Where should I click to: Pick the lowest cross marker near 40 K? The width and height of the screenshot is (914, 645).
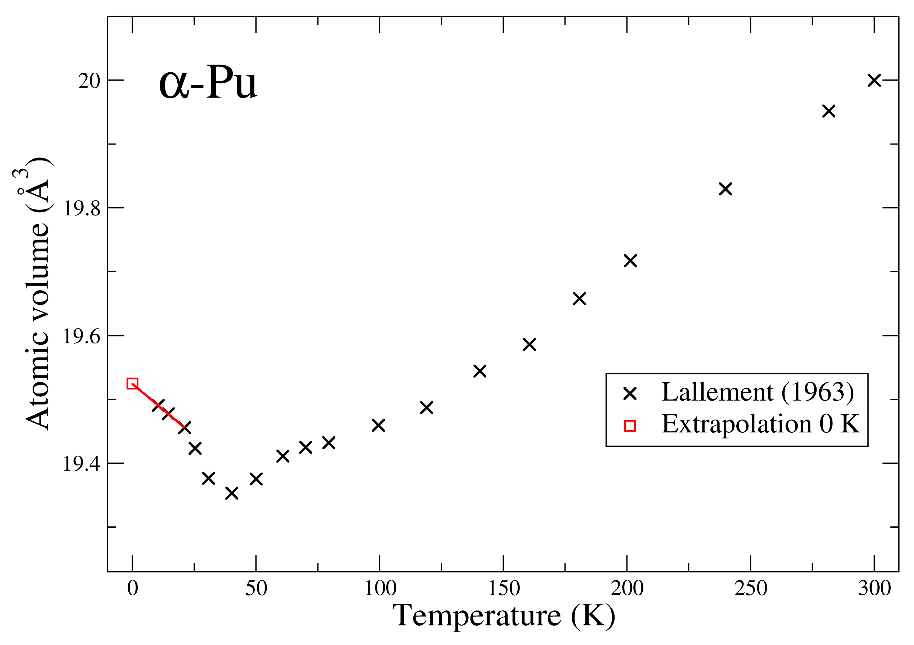tap(232, 493)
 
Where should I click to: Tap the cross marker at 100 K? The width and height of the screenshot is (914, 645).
tap(379, 425)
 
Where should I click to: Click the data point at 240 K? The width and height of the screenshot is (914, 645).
tap(726, 189)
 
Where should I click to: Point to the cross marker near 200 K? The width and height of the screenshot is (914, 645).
tap(631, 261)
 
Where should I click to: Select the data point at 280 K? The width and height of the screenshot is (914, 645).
tap(829, 111)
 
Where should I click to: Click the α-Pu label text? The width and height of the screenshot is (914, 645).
tap(208, 84)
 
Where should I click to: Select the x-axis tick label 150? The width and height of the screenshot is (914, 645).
tap(504, 588)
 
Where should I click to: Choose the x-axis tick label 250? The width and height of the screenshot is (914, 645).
tap(751, 588)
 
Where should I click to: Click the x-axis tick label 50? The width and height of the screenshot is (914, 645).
tap(256, 588)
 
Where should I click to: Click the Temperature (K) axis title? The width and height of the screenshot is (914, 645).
tap(504, 616)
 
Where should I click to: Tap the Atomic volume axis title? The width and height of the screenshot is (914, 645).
tap(38, 295)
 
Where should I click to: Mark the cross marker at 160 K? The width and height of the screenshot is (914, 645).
tap(530, 344)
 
